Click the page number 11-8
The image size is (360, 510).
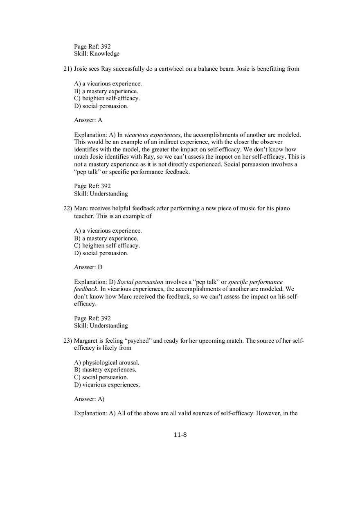click(180, 435)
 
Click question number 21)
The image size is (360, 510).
click(67, 69)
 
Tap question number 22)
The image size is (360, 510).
click(67, 208)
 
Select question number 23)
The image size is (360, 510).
click(67, 341)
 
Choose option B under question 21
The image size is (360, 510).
click(106, 91)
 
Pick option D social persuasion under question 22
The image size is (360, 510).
click(101, 253)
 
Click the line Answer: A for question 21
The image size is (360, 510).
click(88, 120)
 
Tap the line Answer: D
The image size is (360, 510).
click(88, 267)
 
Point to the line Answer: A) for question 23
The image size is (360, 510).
click(89, 399)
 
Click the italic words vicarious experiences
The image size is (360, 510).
click(152, 135)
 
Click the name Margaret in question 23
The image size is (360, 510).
click(87, 341)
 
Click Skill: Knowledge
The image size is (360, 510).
click(97, 54)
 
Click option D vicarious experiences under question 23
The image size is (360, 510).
click(107, 385)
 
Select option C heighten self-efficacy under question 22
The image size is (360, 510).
click(107, 246)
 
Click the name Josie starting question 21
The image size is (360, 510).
click(81, 69)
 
